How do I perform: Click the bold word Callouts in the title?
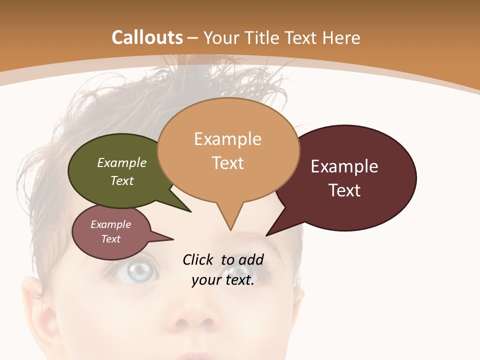point(147,37)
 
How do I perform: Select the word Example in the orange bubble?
point(227,139)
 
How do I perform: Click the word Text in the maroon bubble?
point(345,190)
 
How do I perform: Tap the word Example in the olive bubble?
point(122,162)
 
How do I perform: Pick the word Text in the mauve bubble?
point(111,239)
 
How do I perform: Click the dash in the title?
point(193,38)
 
